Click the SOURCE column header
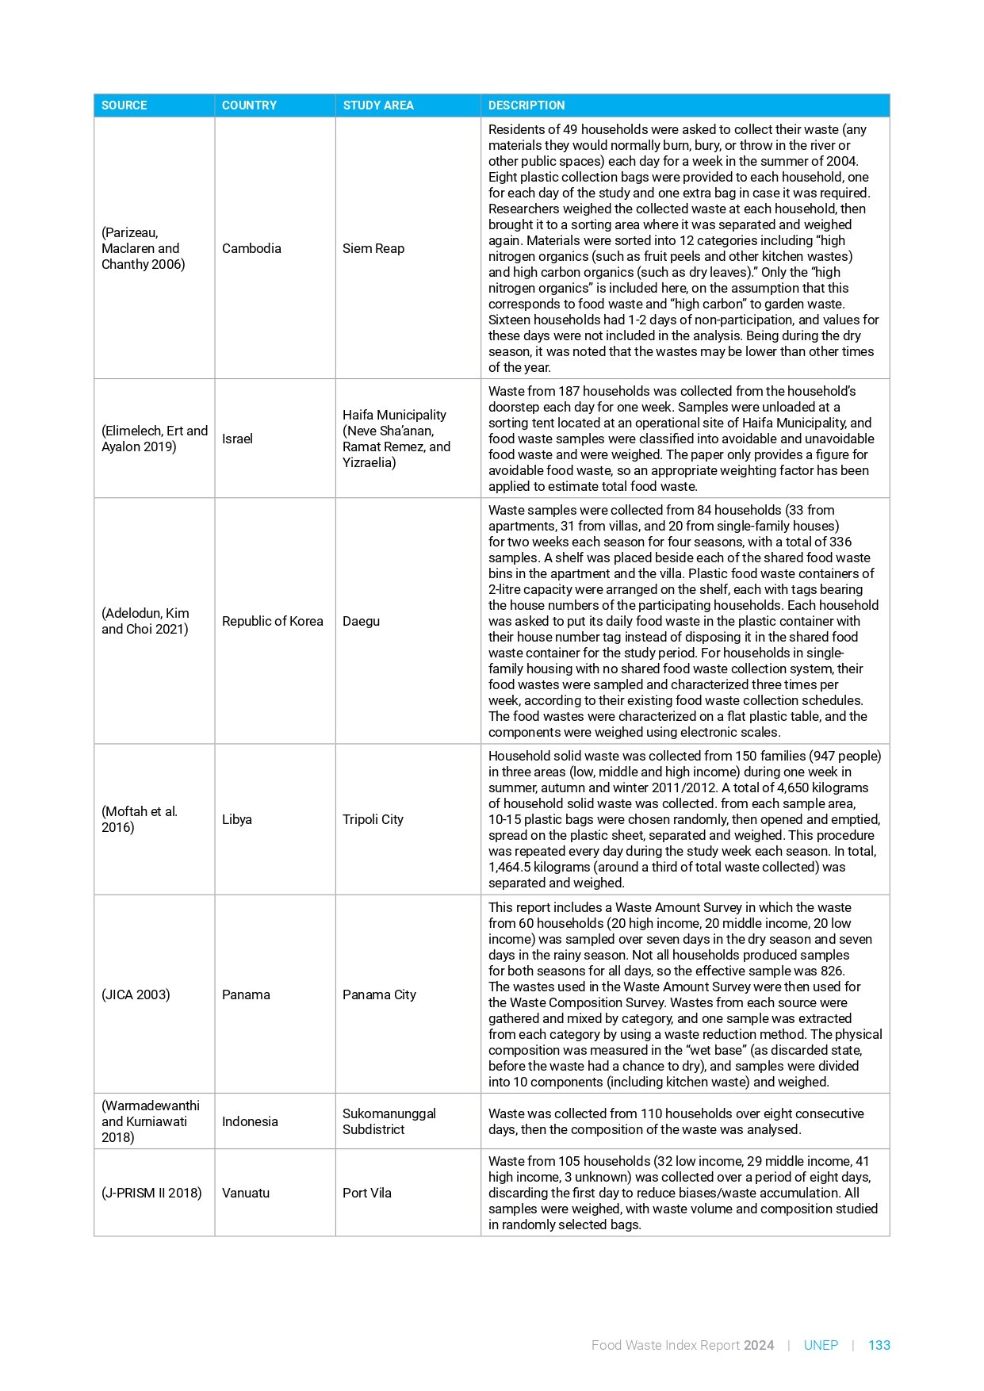124,105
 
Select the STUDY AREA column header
378,105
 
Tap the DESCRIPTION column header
526,105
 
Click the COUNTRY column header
249,105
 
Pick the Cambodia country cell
251,248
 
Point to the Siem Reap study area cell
373,248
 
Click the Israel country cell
237,439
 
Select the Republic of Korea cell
273,621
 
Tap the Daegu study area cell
361,621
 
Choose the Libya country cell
237,819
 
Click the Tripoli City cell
373,819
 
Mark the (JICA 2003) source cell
136,994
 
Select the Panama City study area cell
379,994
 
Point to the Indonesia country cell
250,1121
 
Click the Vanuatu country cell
246,1193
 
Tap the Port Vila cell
367,1193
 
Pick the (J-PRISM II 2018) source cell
151,1193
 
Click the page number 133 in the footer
879,1345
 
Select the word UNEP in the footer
821,1345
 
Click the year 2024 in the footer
759,1345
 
